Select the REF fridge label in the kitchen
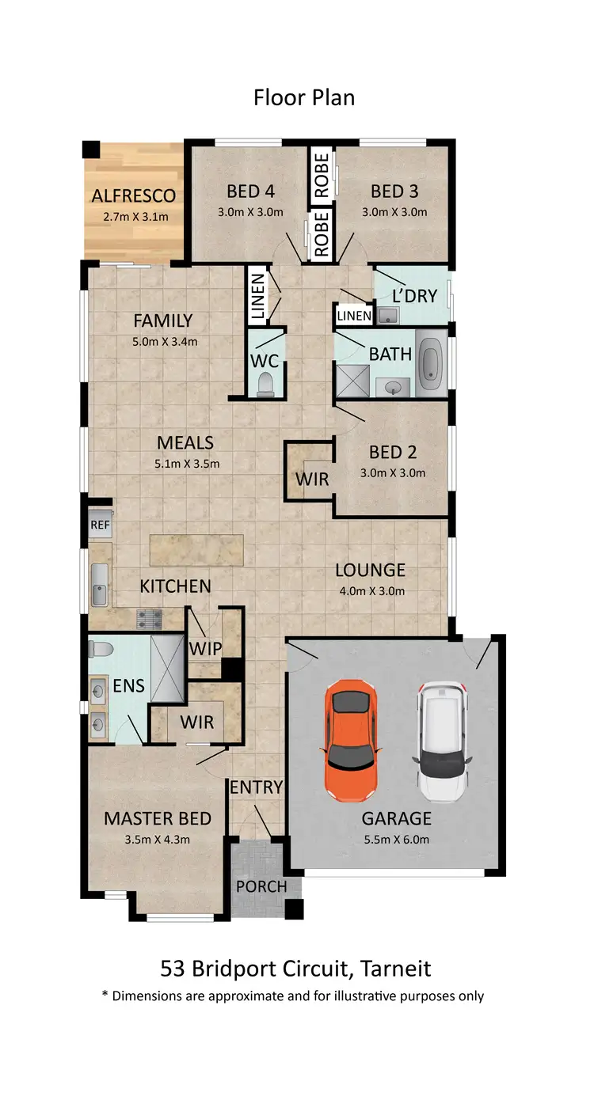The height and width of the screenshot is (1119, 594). coord(99,524)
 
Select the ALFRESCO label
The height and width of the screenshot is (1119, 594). coord(133,196)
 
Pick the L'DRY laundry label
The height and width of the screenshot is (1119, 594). coord(414,296)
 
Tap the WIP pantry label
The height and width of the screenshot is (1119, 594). coord(204,648)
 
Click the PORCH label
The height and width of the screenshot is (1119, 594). coord(261,886)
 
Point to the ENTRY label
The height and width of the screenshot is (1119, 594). coord(256,787)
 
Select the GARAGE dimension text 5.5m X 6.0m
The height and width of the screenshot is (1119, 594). coord(397,840)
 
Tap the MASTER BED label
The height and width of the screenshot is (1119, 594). coord(157,818)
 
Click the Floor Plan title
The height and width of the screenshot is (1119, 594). coord(304,97)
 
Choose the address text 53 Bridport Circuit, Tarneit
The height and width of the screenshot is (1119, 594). coord(295,969)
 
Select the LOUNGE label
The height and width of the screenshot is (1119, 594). coord(370,570)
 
